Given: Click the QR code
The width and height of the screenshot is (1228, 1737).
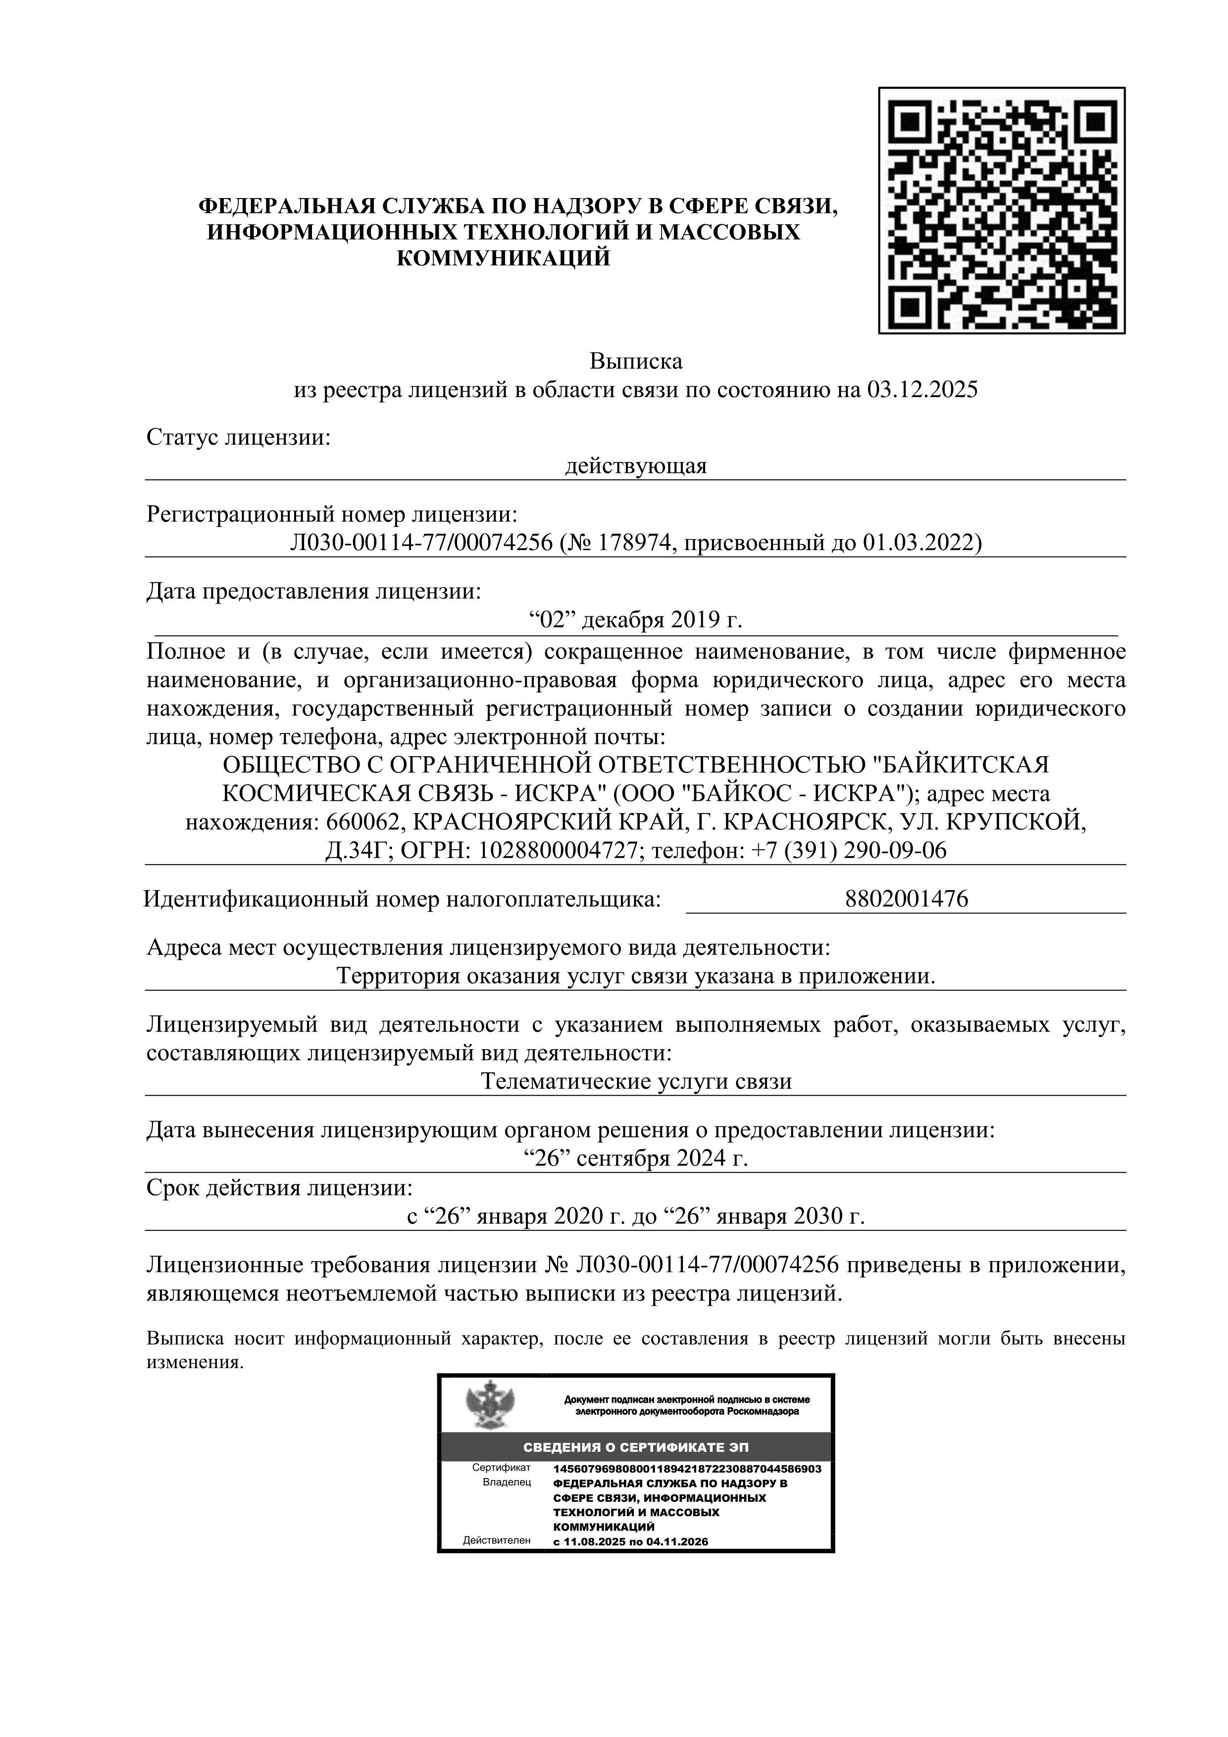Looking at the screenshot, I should pyautogui.click(x=1001, y=210).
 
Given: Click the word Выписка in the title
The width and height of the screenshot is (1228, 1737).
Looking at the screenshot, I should pyautogui.click(x=636, y=361).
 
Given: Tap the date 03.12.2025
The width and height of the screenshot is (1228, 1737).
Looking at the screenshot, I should pyautogui.click(x=921, y=390).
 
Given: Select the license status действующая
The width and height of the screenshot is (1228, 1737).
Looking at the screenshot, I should pyautogui.click(x=636, y=466).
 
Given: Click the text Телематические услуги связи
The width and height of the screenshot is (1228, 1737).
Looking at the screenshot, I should pyautogui.click(x=636, y=1081).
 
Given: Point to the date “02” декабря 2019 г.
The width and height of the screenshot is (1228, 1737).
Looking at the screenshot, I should pyautogui.click(x=636, y=620).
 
